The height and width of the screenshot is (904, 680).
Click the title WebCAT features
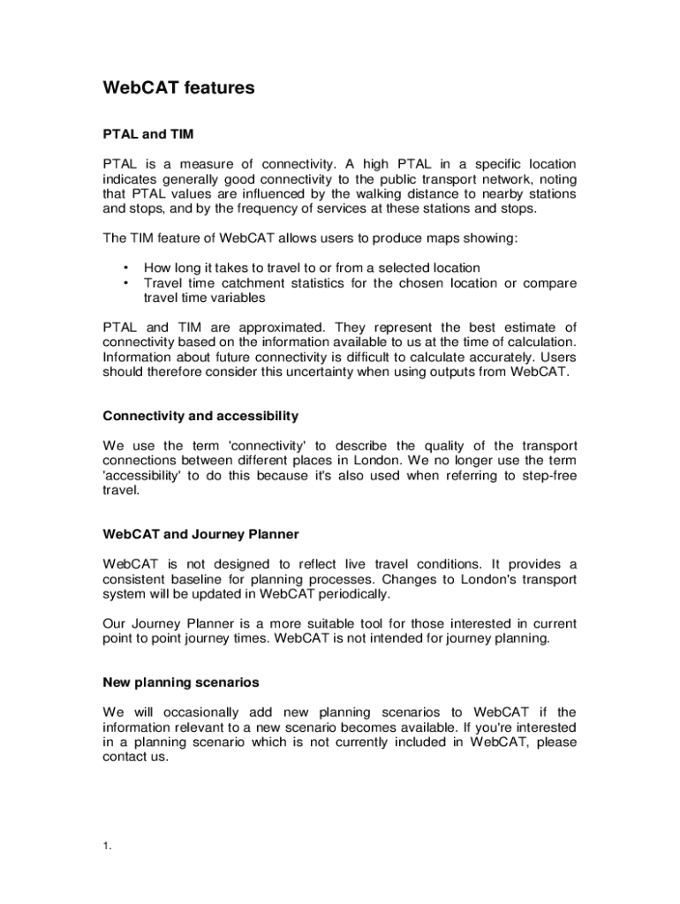178,88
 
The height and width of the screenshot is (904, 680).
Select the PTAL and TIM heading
148,134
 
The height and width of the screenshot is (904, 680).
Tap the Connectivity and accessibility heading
200,416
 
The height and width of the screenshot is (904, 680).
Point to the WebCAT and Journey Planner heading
200,534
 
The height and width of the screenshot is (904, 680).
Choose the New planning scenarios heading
180,682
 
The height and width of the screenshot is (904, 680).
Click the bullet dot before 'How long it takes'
127,267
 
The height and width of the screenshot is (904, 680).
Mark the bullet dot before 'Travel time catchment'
127,283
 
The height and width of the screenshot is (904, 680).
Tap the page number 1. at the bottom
106,847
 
